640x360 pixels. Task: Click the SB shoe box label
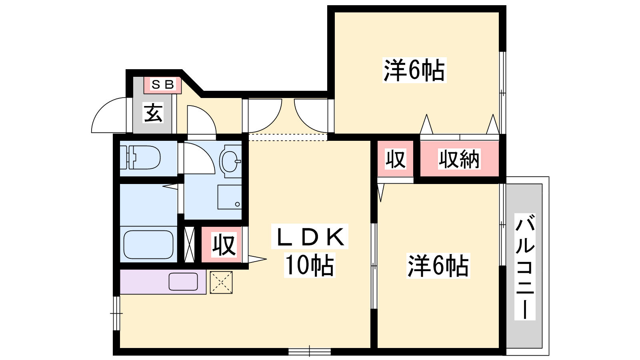point(162,84)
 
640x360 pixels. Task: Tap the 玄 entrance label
point(153,113)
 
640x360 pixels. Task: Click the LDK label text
point(310,236)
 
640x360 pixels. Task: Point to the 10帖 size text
point(310,266)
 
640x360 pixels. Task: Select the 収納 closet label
point(459,159)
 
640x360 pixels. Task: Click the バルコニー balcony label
point(525,266)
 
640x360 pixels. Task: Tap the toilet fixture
point(140,158)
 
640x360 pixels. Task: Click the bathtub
point(148,244)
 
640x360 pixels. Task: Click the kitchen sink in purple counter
point(183,282)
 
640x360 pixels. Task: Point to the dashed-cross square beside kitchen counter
point(221,282)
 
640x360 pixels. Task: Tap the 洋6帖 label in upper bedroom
point(414,70)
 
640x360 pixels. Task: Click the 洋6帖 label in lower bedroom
point(438,266)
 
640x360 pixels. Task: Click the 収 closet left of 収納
point(396,159)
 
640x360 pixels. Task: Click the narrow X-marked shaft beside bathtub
point(189,244)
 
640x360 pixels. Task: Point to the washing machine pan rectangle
point(230,197)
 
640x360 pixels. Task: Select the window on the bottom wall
point(310,351)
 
